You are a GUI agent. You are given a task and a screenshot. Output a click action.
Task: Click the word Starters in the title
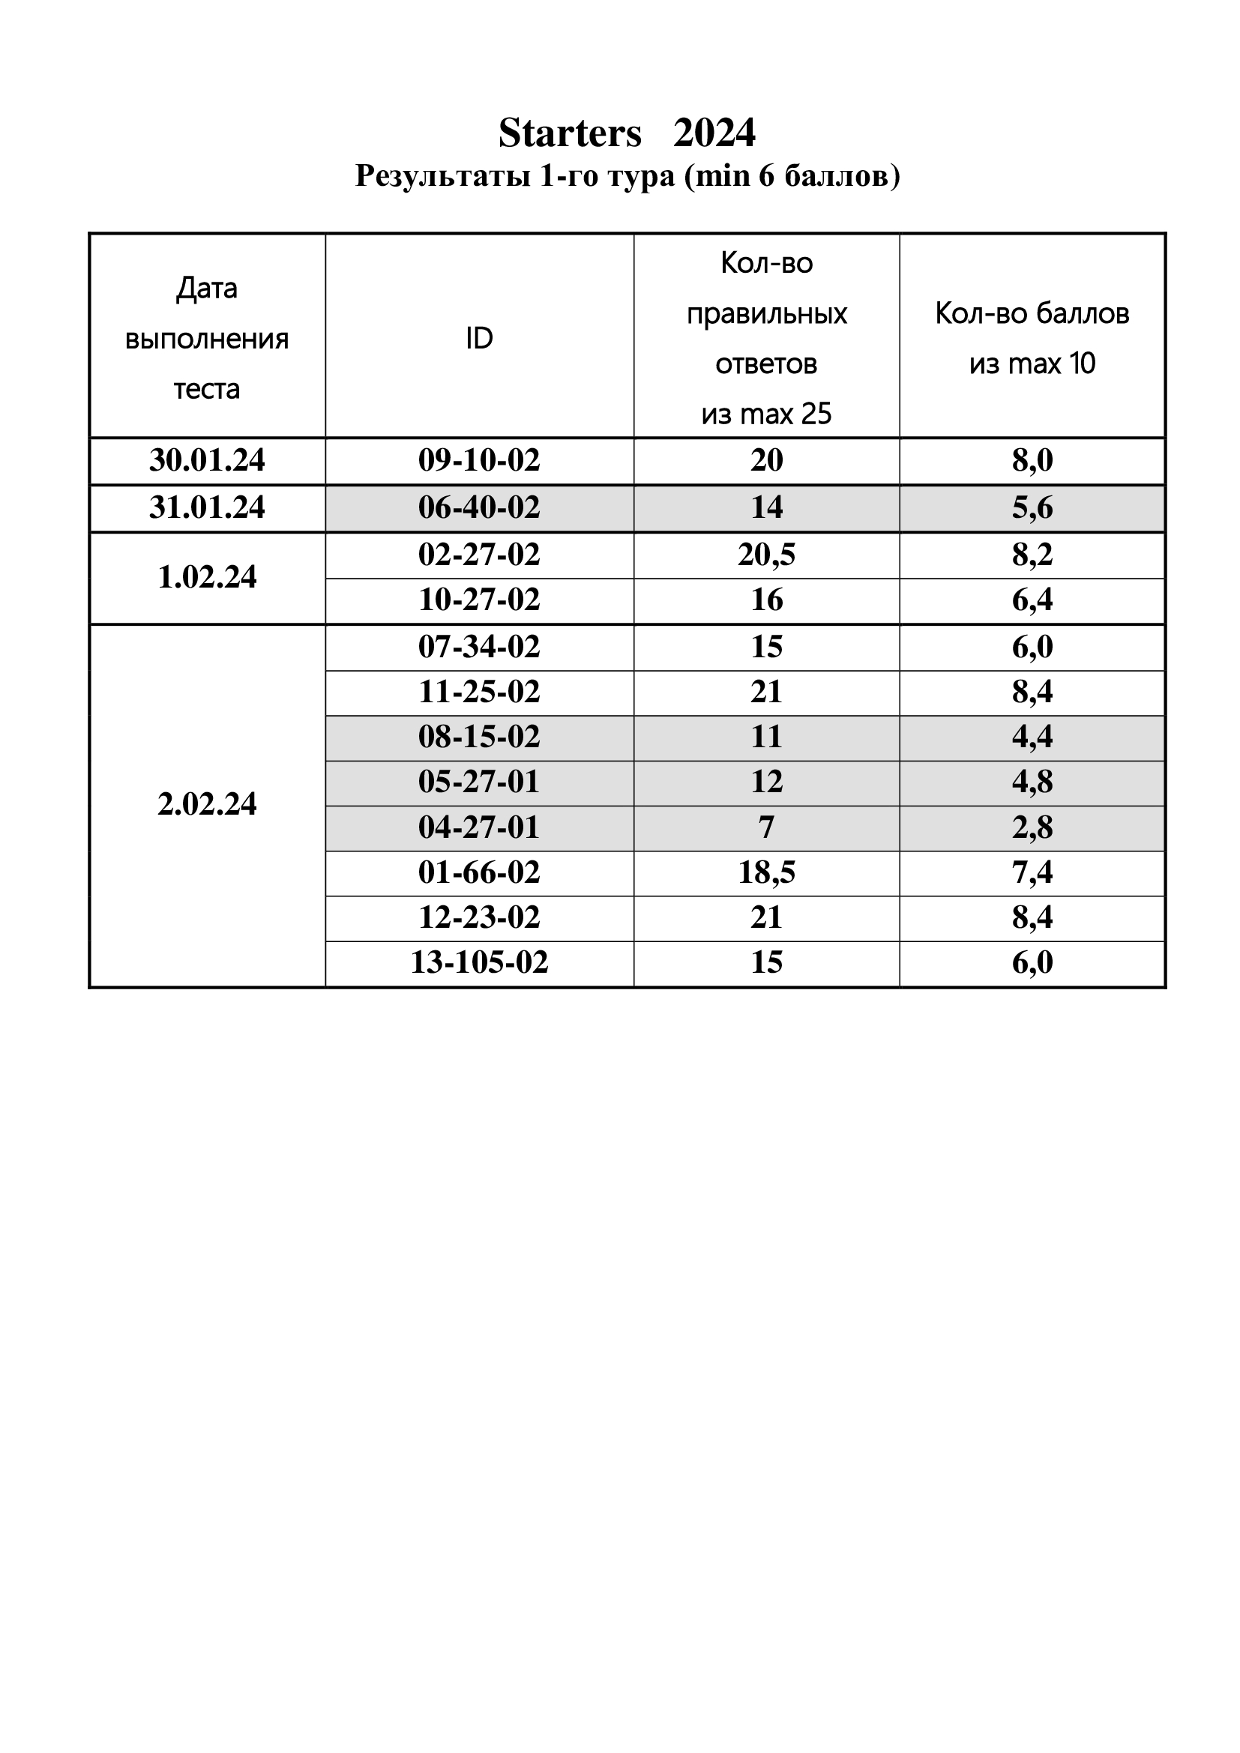click(x=570, y=133)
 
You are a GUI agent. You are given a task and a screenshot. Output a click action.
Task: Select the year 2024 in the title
click(x=714, y=133)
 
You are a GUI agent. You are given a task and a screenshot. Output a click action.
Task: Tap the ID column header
click(x=479, y=338)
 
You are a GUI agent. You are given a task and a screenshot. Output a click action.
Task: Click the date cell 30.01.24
click(x=207, y=460)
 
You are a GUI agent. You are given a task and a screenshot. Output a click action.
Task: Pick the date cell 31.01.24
click(x=207, y=507)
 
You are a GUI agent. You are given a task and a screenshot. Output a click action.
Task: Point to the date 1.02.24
click(x=207, y=577)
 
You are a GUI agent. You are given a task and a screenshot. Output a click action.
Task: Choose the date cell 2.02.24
click(x=207, y=804)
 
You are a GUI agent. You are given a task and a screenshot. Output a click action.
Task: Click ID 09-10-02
click(x=479, y=460)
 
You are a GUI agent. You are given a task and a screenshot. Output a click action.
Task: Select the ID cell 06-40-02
click(x=479, y=507)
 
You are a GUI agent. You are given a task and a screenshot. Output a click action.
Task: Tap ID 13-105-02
click(x=479, y=962)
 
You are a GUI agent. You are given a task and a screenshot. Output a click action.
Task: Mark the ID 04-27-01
click(x=479, y=827)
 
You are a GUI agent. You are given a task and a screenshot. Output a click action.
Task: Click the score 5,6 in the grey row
click(x=1032, y=507)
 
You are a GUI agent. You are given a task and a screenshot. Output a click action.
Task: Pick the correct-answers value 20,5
click(x=766, y=555)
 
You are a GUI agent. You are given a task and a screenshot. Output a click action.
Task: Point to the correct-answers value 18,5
click(x=766, y=872)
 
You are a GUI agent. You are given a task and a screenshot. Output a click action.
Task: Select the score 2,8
click(x=1032, y=827)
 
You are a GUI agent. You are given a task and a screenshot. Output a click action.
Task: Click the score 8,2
click(x=1032, y=555)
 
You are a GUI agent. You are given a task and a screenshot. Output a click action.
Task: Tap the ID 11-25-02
click(x=479, y=692)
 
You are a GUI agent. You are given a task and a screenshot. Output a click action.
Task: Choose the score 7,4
click(x=1032, y=872)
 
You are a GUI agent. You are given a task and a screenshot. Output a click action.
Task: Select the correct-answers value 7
click(x=766, y=827)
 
